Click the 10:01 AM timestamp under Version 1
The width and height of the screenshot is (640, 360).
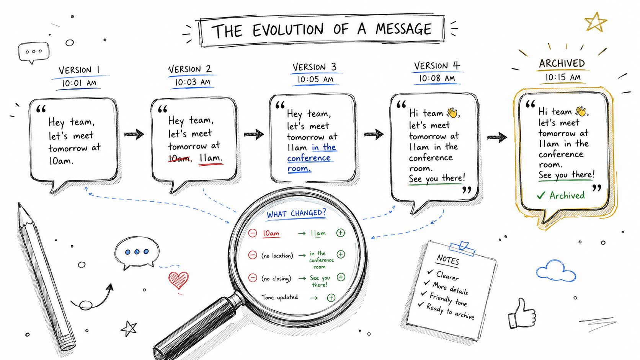[x=79, y=83]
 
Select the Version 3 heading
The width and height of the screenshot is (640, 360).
[x=314, y=67]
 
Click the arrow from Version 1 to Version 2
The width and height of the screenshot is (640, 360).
[x=134, y=134]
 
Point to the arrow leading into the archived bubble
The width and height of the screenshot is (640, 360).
[x=497, y=137]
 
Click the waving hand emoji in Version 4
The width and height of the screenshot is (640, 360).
[x=452, y=112]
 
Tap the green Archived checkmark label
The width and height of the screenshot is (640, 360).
[x=561, y=195]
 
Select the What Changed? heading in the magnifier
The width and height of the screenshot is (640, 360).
[x=296, y=213]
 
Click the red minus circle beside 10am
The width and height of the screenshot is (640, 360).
[x=253, y=233]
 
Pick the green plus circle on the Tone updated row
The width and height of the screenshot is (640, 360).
[x=331, y=298]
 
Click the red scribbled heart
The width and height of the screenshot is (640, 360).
[x=178, y=280]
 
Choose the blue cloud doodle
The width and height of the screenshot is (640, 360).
[x=556, y=270]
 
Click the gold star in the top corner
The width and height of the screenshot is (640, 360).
[x=596, y=22]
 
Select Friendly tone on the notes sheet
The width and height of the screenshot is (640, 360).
[x=448, y=300]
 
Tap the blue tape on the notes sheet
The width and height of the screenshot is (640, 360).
[x=462, y=248]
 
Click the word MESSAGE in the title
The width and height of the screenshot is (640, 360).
[x=403, y=29]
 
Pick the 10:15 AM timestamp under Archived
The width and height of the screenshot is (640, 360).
[x=563, y=77]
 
